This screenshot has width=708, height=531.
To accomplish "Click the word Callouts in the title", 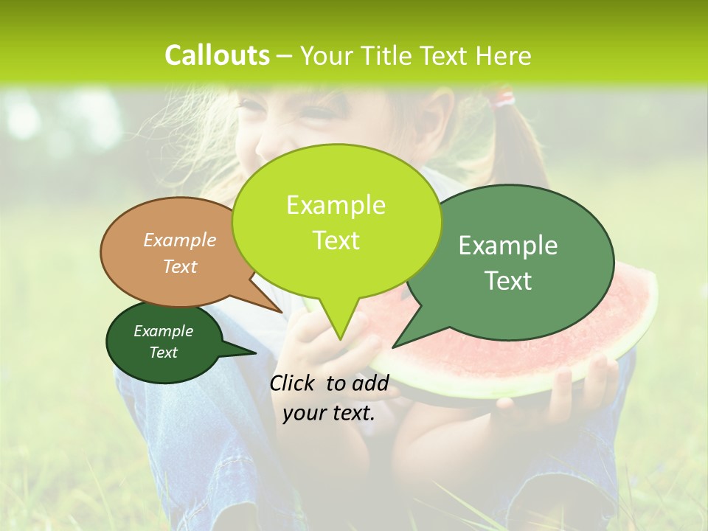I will click(217, 55).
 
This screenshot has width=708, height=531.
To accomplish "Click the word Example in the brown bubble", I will click(180, 240).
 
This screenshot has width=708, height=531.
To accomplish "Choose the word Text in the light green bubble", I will click(336, 240).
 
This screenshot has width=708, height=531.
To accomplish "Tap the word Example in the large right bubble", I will click(508, 246).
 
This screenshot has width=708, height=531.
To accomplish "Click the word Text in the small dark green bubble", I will click(164, 353).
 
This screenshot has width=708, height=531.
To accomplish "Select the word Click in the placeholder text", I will click(295, 383).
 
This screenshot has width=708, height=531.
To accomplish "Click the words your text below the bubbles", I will click(329, 413).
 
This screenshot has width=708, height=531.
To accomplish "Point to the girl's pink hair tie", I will click(504, 97).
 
